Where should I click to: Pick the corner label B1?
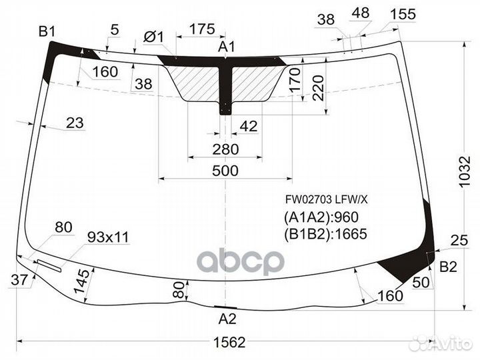click(47, 30)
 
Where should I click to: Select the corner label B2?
click(448, 267)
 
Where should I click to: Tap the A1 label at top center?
click(227, 47)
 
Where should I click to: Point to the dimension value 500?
click(225, 171)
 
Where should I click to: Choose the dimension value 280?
click(225, 149)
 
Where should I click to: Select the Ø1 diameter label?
click(153, 37)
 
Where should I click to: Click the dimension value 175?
click(201, 29)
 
